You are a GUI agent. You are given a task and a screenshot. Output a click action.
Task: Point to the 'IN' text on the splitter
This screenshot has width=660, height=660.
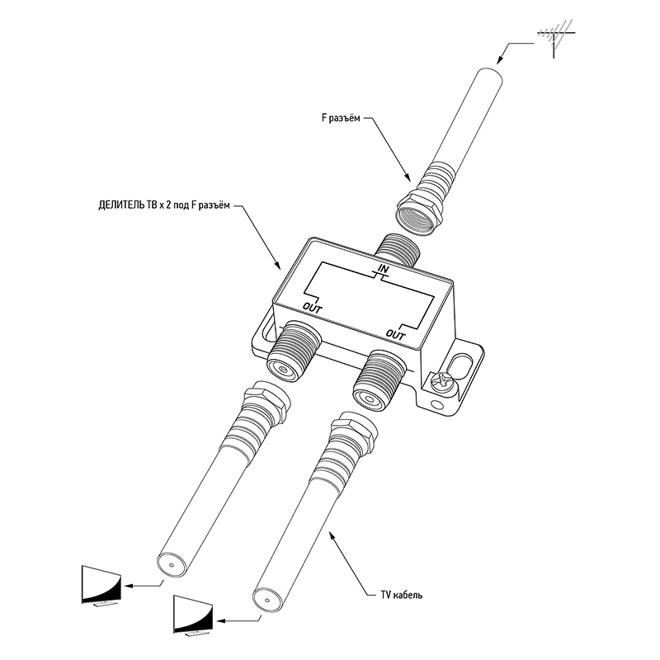coord(384,270)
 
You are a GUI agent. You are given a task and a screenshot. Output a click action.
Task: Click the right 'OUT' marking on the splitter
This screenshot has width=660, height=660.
coord(397,335)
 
